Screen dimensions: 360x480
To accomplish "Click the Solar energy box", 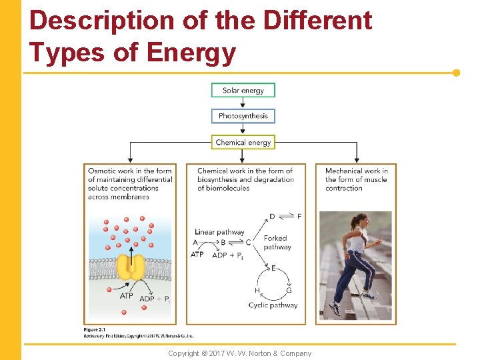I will (243, 91).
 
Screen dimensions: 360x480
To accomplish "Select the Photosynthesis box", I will (243, 116).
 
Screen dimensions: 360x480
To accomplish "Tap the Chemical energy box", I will (243, 142).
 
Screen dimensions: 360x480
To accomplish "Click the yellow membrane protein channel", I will (131, 266).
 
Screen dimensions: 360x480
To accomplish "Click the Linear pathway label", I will (220, 232).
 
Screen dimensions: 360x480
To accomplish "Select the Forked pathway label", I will (277, 243).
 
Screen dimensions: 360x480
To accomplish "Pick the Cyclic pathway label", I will (273, 305).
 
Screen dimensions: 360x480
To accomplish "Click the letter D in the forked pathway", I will (272, 216).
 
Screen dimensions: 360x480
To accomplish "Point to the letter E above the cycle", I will (273, 268).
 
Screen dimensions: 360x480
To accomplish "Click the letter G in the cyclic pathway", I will (289, 291).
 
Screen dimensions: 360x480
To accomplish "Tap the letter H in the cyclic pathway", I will (257, 291).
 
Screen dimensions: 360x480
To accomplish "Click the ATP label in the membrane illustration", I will (126, 295).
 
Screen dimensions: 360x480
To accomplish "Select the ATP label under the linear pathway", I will (197, 255).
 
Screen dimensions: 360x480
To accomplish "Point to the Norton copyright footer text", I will (239, 353).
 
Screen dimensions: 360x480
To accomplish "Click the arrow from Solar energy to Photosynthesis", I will (243, 103).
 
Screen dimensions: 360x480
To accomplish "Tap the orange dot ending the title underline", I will (456, 73).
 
